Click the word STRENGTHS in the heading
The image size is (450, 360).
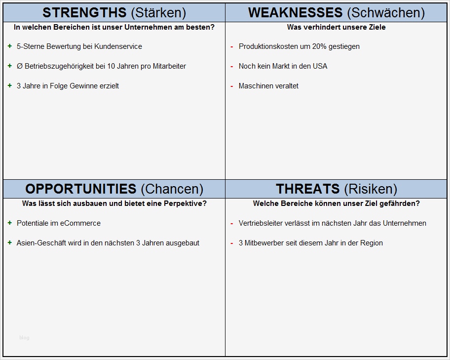[84, 12]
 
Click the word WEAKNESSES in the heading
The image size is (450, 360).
[295, 12]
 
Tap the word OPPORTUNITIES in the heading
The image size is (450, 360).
[81, 189]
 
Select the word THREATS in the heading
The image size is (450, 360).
[308, 189]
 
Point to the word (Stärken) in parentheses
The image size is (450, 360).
[158, 12]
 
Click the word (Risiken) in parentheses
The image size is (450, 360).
[371, 189]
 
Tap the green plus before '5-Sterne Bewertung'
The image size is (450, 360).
[10, 46]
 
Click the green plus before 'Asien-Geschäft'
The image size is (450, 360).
[10, 242]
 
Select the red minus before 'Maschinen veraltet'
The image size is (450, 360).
[231, 86]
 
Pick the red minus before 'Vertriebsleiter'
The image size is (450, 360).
[231, 223]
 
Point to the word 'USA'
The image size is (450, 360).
[320, 66]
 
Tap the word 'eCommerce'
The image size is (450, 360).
[80, 223]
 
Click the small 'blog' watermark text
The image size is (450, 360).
[24, 338]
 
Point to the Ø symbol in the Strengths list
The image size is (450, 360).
[20, 66]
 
